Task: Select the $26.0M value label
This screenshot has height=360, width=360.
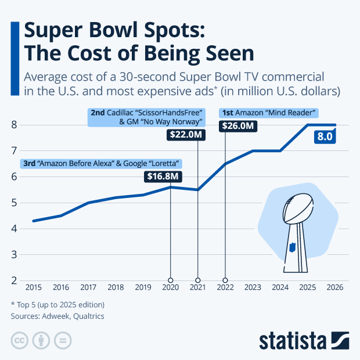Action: click(x=238, y=125)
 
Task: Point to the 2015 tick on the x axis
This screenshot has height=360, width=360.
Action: click(x=33, y=287)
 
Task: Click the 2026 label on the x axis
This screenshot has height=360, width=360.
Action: click(x=335, y=287)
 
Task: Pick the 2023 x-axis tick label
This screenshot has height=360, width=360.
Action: click(x=253, y=287)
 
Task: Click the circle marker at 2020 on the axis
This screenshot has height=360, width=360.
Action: click(x=170, y=280)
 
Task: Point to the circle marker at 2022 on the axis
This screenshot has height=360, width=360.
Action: click(x=225, y=280)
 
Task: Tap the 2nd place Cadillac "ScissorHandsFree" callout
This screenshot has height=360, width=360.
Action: click(x=146, y=117)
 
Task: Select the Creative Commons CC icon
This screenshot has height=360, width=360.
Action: click(x=20, y=340)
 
